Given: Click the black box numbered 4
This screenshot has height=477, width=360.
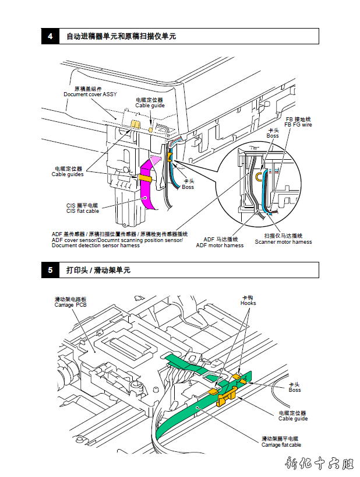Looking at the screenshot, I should pos(50,36).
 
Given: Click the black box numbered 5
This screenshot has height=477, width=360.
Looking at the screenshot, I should pos(50,270).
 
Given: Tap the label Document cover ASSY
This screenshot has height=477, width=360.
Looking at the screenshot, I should pos(90,94).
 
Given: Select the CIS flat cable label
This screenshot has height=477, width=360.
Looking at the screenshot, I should pos(82,211).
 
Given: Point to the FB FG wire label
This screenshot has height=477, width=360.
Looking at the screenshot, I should pos(298,125).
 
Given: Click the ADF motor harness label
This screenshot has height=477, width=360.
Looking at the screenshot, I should pos(220,245).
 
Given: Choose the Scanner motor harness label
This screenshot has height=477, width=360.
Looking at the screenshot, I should pos(283,242).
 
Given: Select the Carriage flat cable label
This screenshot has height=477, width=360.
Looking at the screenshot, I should pos(281,445).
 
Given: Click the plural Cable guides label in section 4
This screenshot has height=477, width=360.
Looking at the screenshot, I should pos(68,174).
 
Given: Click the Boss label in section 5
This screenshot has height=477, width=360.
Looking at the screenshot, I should pos(295,390).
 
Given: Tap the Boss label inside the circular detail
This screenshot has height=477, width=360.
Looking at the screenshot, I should pos(273,136).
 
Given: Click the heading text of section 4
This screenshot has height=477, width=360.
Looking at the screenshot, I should pos(121,36).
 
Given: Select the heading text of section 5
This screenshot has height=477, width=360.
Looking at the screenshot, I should pos(98,270).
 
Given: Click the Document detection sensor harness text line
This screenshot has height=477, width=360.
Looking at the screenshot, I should pos(96,245).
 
